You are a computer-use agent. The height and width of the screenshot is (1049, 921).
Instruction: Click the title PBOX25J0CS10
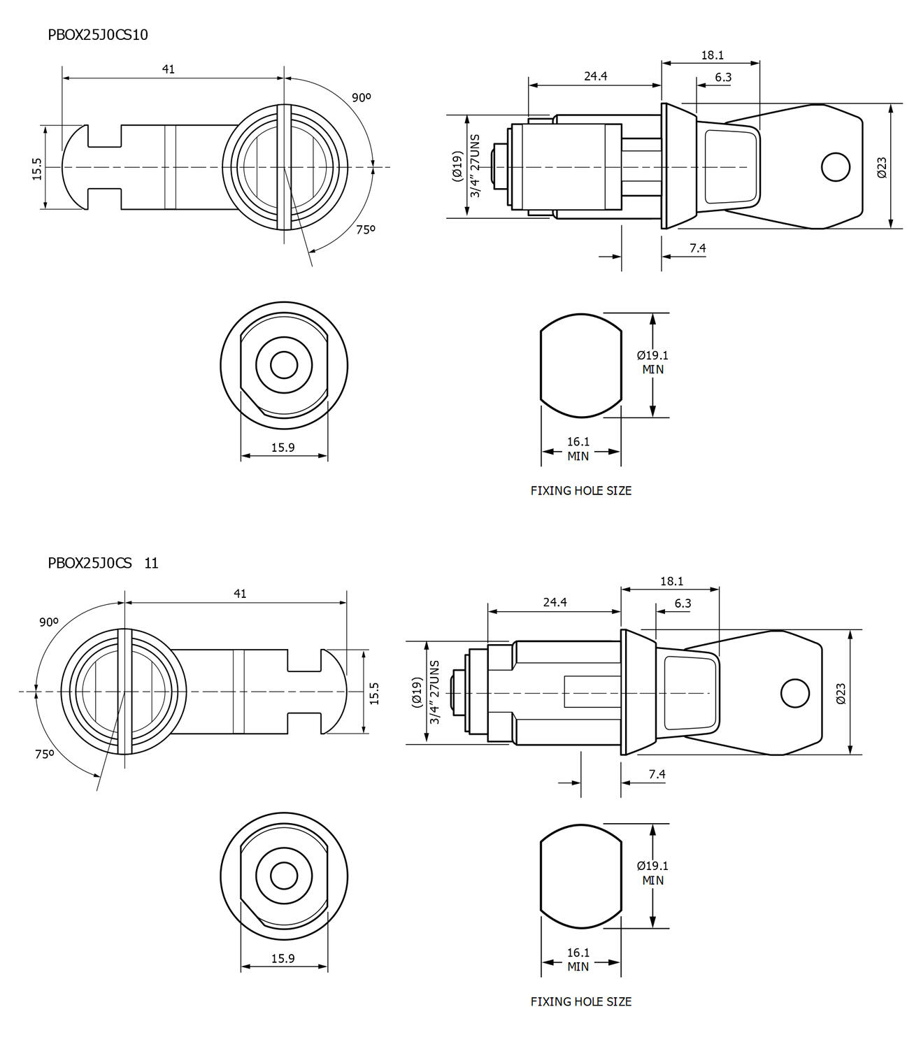click(98, 35)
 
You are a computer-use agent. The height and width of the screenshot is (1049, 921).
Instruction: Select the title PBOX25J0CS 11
click(103, 563)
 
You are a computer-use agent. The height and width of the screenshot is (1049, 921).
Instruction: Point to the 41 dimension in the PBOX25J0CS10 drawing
click(169, 69)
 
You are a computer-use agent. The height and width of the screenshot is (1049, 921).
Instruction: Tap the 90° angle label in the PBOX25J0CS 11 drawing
click(49, 622)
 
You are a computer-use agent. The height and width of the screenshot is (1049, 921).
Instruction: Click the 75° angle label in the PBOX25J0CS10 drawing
click(366, 229)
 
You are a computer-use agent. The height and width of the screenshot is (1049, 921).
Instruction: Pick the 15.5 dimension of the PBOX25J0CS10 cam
click(37, 169)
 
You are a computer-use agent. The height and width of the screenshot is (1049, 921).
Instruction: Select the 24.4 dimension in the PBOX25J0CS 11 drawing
click(555, 602)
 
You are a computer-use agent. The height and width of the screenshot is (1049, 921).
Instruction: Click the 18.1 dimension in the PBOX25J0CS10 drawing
click(712, 55)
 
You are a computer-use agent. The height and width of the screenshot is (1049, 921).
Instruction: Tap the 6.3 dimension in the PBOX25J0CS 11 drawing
click(683, 604)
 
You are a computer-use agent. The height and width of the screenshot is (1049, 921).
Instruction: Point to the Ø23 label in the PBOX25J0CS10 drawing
click(882, 167)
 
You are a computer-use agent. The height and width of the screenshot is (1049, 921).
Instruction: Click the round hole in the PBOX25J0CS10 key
click(835, 167)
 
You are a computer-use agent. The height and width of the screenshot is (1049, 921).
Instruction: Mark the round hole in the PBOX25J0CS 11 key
click(794, 693)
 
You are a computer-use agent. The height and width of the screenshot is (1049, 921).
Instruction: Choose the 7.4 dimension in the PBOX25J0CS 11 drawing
click(657, 774)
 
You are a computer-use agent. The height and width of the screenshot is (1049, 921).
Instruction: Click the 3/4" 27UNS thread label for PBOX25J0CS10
click(476, 166)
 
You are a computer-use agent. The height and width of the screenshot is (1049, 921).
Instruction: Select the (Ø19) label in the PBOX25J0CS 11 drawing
click(417, 692)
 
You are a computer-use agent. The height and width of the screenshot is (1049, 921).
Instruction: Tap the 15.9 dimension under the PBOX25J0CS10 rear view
click(283, 448)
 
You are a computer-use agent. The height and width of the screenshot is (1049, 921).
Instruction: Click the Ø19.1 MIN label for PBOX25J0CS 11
click(652, 873)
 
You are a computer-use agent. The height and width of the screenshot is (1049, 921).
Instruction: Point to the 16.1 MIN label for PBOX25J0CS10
click(578, 449)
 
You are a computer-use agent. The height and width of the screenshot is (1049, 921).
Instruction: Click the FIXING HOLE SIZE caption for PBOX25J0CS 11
click(580, 1001)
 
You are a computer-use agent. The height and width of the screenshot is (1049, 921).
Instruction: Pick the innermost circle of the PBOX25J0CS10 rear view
click(284, 365)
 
